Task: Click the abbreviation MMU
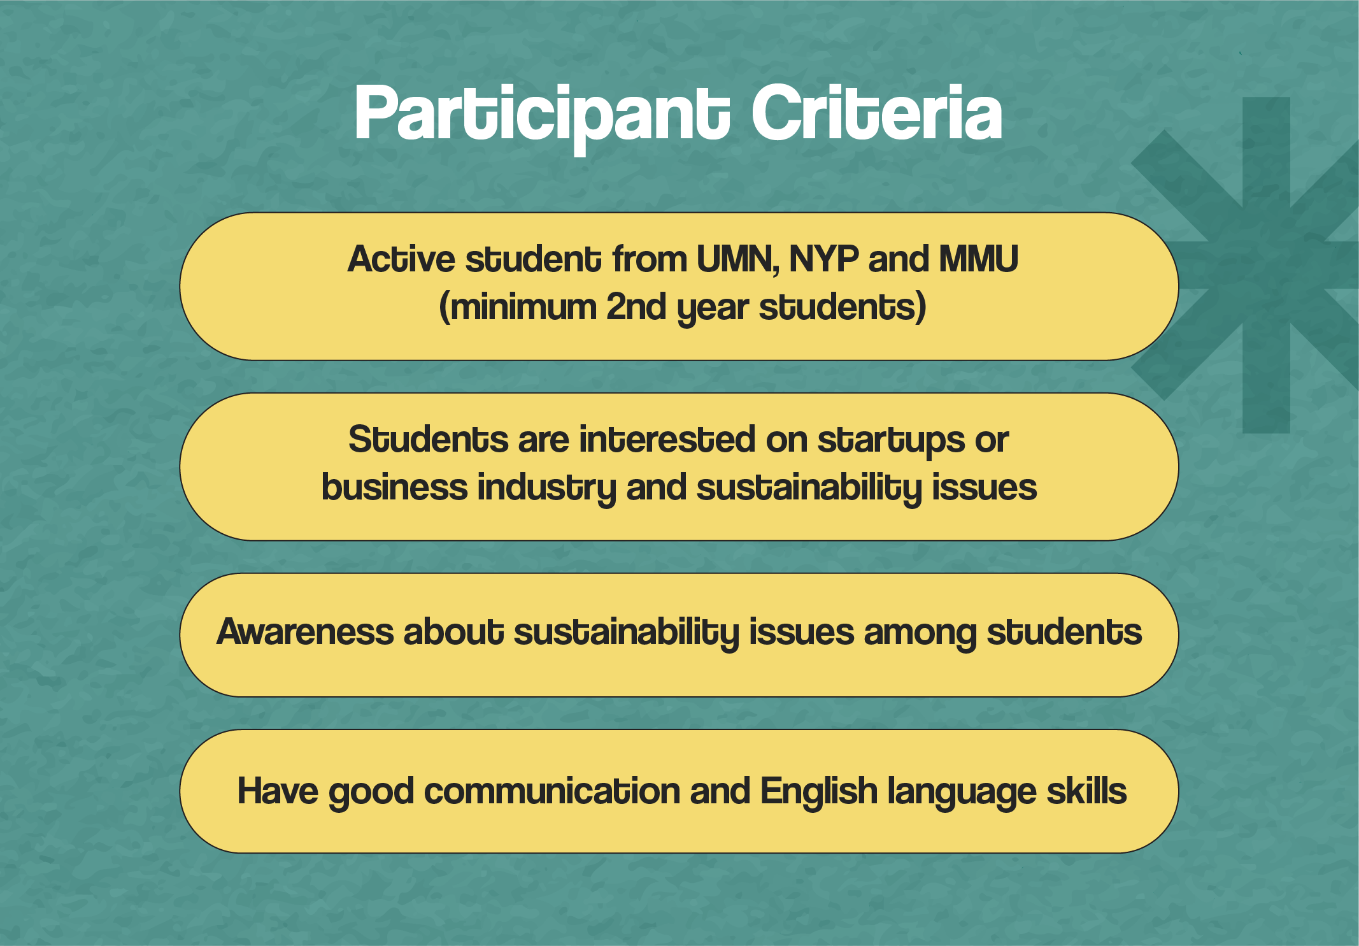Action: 979,259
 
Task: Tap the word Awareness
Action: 305,632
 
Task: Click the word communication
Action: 552,791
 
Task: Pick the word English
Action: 819,791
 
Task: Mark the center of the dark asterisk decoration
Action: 1266,265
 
